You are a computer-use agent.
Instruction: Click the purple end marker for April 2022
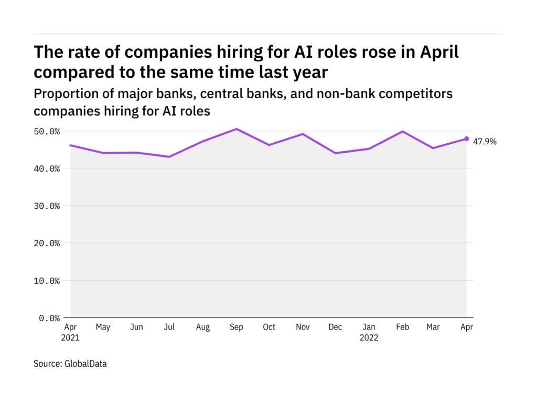click(x=467, y=139)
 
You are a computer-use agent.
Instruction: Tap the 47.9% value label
click(x=486, y=141)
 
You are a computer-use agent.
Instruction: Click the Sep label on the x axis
click(x=236, y=327)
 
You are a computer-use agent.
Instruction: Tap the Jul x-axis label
click(x=169, y=327)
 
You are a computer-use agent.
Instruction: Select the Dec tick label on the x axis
click(x=335, y=327)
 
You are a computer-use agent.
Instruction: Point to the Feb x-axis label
click(x=402, y=327)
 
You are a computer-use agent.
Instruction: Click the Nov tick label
click(x=302, y=327)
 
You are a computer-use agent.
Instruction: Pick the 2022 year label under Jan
click(x=369, y=338)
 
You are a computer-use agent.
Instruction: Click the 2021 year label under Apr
click(x=70, y=338)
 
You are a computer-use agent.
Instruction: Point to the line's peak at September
click(x=236, y=129)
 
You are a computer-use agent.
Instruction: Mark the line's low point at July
click(x=169, y=156)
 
